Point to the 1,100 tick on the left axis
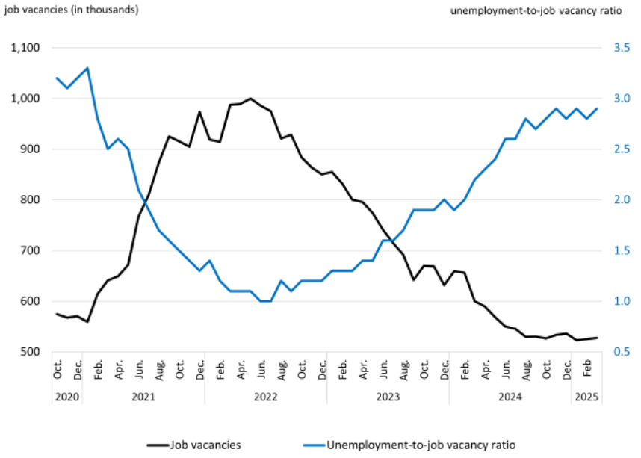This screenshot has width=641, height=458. [26, 48]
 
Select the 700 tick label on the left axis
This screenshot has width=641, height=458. [31, 250]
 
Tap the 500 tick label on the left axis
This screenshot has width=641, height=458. [31, 352]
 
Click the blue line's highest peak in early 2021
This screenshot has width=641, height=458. [88, 68]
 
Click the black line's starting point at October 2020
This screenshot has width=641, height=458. [58, 314]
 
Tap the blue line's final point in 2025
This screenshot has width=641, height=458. [597, 108]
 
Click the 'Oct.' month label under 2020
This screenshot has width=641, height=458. [58, 369]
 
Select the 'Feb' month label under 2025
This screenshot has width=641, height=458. [587, 369]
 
